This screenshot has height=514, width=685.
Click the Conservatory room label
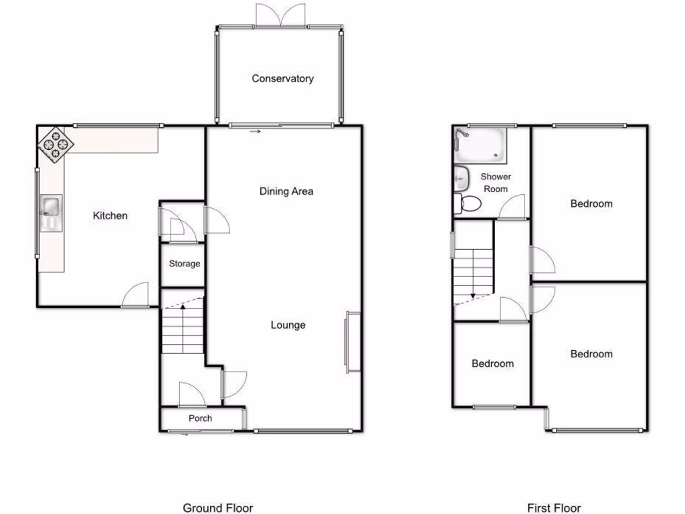282,79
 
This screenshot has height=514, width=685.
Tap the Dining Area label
286,191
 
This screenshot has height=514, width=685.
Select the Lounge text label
288,325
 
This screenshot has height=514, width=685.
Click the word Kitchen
110,216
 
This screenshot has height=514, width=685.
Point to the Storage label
184,264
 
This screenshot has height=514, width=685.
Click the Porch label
200,418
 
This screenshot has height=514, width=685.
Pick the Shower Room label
495,183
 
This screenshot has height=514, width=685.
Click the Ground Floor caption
218,508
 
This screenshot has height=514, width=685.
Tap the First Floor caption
554,508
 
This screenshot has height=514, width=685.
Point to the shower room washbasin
460,177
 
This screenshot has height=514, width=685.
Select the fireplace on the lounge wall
352,342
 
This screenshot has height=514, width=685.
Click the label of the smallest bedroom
492,363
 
